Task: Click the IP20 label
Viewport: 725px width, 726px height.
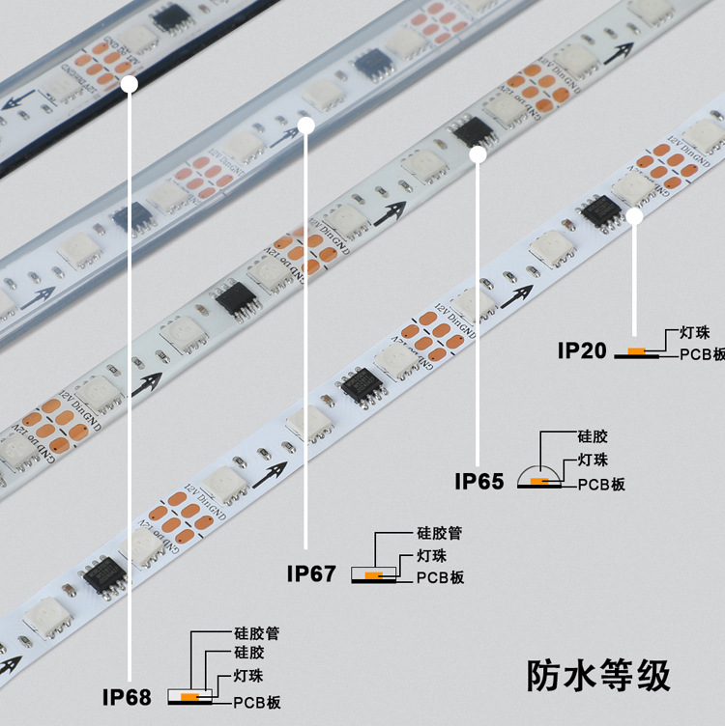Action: [x=581, y=349]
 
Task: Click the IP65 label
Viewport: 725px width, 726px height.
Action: [x=479, y=480]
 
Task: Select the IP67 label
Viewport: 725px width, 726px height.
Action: [x=311, y=573]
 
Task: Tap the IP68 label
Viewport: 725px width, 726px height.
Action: [x=127, y=695]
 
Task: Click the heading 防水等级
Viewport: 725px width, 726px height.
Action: [x=598, y=674]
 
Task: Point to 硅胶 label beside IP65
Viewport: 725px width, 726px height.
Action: [x=593, y=437]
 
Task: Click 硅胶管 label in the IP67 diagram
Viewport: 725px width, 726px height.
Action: [x=439, y=532]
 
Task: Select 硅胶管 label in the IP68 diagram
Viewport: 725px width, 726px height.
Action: [x=257, y=634]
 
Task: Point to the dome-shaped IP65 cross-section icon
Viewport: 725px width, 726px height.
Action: [x=538, y=478]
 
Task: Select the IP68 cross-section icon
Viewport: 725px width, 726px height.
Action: [x=189, y=697]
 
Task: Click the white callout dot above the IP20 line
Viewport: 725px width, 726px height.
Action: [x=635, y=216]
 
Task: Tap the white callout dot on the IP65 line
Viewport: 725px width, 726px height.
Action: [x=478, y=154]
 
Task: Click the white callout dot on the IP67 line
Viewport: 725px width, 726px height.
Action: [x=306, y=125]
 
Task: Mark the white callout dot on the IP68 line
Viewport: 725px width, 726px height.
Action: [x=129, y=84]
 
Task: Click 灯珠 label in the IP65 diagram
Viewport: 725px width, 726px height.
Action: [x=593, y=460]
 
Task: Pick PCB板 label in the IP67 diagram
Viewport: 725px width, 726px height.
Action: [x=441, y=577]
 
